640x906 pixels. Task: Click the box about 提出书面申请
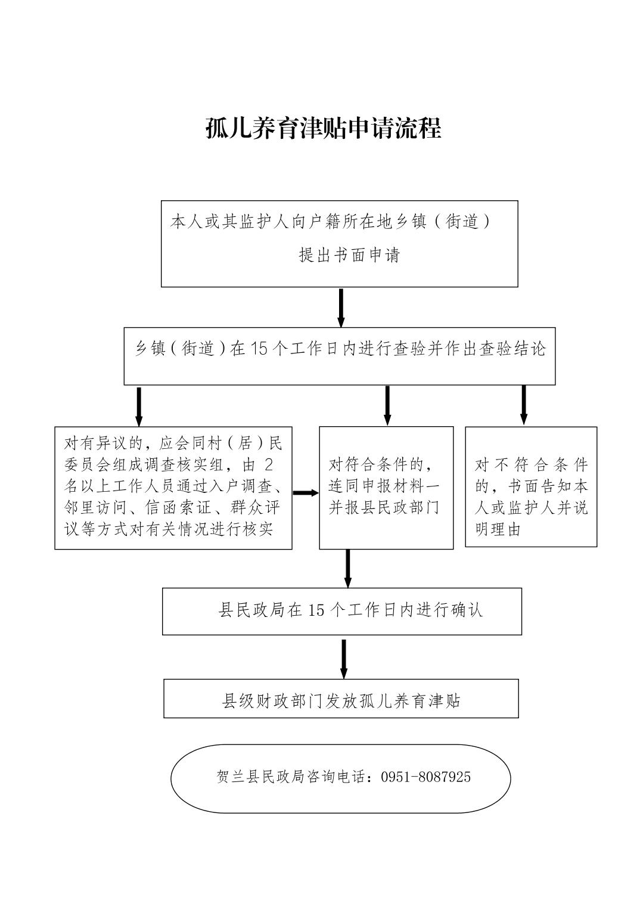(x=339, y=243)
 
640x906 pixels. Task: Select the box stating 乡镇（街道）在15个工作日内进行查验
(x=339, y=356)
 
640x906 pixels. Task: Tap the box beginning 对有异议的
(x=173, y=488)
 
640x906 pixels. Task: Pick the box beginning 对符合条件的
(x=386, y=488)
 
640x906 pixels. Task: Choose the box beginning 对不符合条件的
(x=531, y=486)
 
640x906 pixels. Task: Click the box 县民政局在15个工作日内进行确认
(x=341, y=611)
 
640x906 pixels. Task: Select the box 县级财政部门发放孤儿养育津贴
(x=341, y=700)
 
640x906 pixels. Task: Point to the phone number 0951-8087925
(x=425, y=777)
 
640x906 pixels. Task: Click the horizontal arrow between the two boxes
(x=306, y=492)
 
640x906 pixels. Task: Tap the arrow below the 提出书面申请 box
(x=341, y=308)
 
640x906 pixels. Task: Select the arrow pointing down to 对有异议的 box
(x=139, y=407)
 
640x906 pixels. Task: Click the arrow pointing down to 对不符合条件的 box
(x=524, y=405)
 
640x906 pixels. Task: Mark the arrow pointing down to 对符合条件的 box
(x=387, y=405)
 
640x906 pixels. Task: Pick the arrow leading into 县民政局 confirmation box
(x=347, y=568)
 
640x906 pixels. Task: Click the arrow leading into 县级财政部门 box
(x=344, y=659)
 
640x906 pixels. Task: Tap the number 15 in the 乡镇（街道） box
(x=259, y=348)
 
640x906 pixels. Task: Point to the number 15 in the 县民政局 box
(x=316, y=610)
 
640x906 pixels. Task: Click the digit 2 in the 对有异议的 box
(x=268, y=465)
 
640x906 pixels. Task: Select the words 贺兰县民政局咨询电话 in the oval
(x=293, y=777)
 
